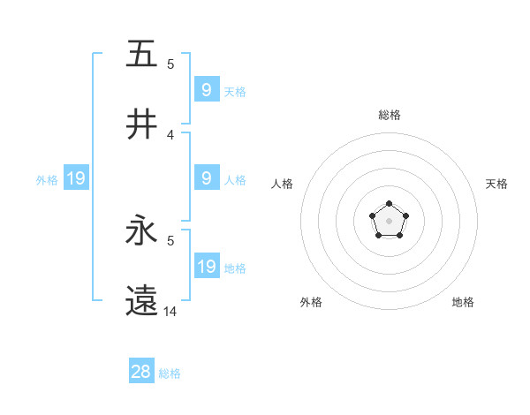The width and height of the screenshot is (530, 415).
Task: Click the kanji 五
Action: click(x=141, y=54)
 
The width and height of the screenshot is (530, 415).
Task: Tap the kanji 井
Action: click(x=141, y=124)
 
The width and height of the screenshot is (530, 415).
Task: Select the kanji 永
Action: click(x=141, y=231)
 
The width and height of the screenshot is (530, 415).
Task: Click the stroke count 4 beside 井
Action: click(x=170, y=135)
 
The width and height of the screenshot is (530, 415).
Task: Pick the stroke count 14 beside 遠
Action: click(x=171, y=312)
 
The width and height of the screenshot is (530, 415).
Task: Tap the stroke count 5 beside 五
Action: click(x=170, y=64)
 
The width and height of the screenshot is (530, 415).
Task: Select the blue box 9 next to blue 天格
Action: click(x=207, y=89)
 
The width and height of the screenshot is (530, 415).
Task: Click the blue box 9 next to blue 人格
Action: click(x=207, y=178)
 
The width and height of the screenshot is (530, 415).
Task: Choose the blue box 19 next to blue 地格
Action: click(x=207, y=267)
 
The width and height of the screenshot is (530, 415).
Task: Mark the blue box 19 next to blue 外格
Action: click(x=76, y=178)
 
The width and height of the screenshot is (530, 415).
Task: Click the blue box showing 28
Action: click(x=141, y=372)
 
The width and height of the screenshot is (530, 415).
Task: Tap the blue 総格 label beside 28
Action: click(x=170, y=373)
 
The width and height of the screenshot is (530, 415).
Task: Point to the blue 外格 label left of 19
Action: click(x=47, y=179)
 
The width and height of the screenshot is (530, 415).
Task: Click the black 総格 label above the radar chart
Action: click(x=390, y=115)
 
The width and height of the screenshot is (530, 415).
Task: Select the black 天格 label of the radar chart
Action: click(x=496, y=184)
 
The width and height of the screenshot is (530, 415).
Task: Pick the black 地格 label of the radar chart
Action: click(x=463, y=302)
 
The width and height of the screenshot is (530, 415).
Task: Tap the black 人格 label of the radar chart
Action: click(x=283, y=184)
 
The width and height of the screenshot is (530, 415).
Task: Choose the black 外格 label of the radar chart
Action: click(x=311, y=302)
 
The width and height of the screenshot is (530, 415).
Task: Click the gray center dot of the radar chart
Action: click(x=389, y=221)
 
